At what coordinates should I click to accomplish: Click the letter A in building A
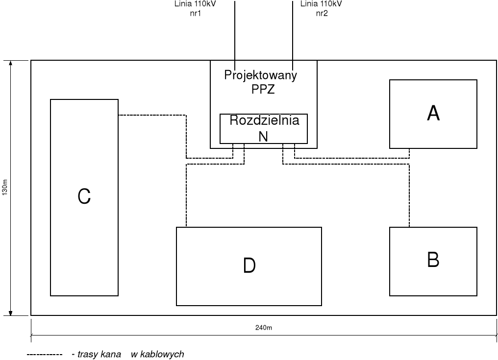click(x=433, y=114)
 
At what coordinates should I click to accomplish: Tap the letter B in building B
click(x=433, y=260)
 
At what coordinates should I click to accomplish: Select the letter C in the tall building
click(x=84, y=197)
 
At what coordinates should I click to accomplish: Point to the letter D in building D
click(x=249, y=265)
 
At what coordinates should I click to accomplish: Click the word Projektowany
click(x=261, y=75)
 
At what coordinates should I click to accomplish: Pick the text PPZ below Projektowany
click(x=263, y=91)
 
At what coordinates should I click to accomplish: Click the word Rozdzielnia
click(x=264, y=120)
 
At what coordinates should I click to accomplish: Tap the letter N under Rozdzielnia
click(x=264, y=137)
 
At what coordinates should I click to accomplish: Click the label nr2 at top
click(x=322, y=13)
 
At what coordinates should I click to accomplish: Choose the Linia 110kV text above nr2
click(x=321, y=4)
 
